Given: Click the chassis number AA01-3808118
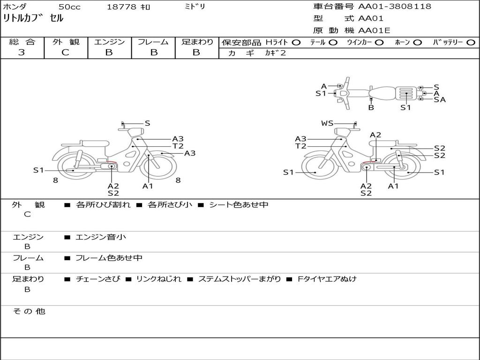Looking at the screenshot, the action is [x=395, y=6].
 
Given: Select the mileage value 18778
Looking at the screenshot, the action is [x=121, y=7].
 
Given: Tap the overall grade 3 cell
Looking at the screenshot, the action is [x=22, y=52].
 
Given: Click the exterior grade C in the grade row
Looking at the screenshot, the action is [x=65, y=52].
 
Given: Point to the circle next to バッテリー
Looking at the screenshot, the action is [x=471, y=43].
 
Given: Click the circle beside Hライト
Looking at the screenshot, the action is [x=296, y=43].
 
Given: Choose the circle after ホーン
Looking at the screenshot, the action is [x=418, y=43].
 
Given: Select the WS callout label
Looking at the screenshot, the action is [x=327, y=123].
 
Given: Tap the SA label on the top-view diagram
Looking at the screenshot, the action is [x=440, y=99].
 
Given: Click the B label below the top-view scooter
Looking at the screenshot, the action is [x=371, y=107].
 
